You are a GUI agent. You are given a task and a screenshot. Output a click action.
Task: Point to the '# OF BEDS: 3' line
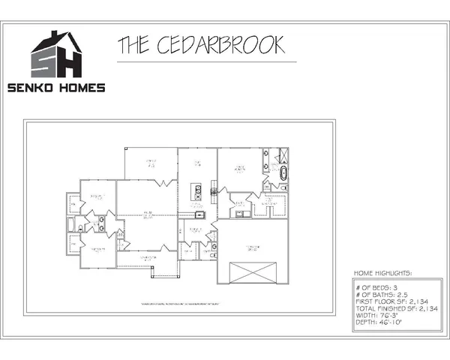[x=376, y=286]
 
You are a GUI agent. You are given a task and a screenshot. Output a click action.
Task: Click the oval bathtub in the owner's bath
[x=283, y=174]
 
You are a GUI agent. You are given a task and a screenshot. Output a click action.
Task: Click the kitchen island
[x=198, y=188]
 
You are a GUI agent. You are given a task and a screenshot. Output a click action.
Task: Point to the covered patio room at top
[x=151, y=163]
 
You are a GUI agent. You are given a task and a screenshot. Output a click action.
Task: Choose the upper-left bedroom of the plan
[x=97, y=196]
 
